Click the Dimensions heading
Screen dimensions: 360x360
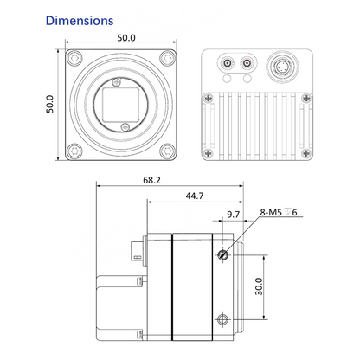[x=80, y=21]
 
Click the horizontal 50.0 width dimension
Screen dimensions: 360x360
[x=126, y=38]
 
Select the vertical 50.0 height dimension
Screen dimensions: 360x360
[x=50, y=104]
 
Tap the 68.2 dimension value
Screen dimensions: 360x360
[x=151, y=180]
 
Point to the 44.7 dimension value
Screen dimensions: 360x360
[x=195, y=196]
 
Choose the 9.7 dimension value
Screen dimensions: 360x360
[x=233, y=215]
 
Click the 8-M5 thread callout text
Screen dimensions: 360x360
[x=279, y=213]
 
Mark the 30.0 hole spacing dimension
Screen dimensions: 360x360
[x=259, y=286]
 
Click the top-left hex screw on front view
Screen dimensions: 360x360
[x=74, y=59]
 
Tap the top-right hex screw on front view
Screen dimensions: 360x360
[x=167, y=59]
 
